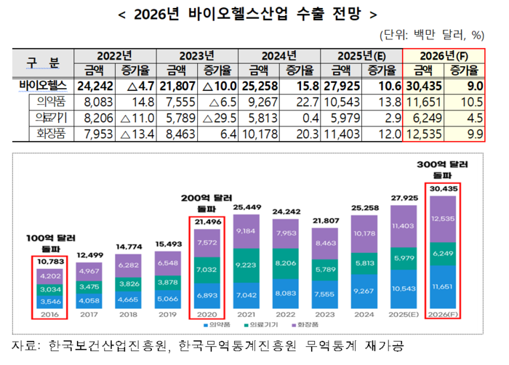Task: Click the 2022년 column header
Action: point(114,55)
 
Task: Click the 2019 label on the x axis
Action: point(167,315)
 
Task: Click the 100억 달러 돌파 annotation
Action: point(44,242)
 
